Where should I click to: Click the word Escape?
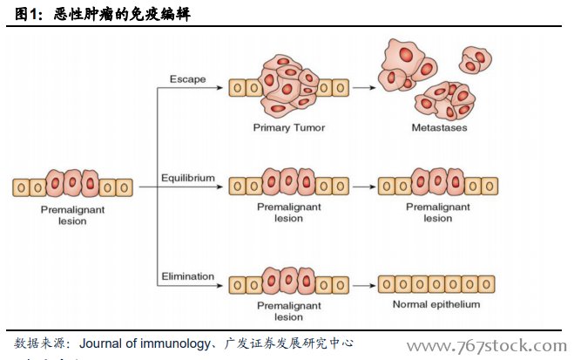187,79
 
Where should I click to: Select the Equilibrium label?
187,178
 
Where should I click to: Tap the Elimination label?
187,276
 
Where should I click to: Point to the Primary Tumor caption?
289,128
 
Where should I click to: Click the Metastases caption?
439,128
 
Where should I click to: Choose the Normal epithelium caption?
436,304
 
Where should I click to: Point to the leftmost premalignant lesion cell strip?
73,186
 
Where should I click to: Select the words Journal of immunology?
144,343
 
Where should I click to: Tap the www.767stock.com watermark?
475,347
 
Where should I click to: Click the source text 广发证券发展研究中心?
288,343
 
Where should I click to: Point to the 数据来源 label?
39,343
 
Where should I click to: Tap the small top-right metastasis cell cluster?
476,61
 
